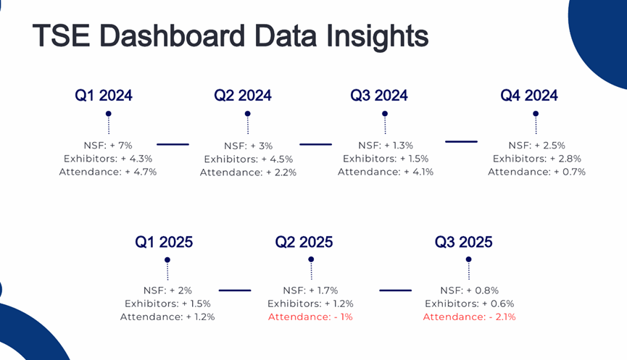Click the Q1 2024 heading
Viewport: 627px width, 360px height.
click(x=104, y=96)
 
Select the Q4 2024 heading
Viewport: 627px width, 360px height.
click(x=529, y=96)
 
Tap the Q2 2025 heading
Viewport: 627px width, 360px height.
click(x=304, y=242)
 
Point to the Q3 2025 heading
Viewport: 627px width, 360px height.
click(x=463, y=242)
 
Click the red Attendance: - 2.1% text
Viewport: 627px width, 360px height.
click(x=469, y=317)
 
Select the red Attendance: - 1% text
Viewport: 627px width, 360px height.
click(x=310, y=317)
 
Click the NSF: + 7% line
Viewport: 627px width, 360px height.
click(x=108, y=145)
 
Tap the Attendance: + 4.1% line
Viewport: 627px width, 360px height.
click(x=385, y=172)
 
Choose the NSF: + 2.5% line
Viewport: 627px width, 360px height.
click(x=536, y=145)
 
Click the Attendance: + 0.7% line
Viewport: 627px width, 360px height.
click(x=536, y=172)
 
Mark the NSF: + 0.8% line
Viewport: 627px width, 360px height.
click(x=469, y=290)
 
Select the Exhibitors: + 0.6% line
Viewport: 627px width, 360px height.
click(x=469, y=304)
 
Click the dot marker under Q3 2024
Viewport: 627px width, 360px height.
click(x=385, y=114)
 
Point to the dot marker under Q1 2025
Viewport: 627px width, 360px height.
click(x=167, y=259)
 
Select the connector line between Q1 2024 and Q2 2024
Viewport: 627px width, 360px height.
click(x=173, y=144)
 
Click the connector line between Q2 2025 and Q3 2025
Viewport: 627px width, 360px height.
click(x=396, y=290)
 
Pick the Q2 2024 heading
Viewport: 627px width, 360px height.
click(x=243, y=96)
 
